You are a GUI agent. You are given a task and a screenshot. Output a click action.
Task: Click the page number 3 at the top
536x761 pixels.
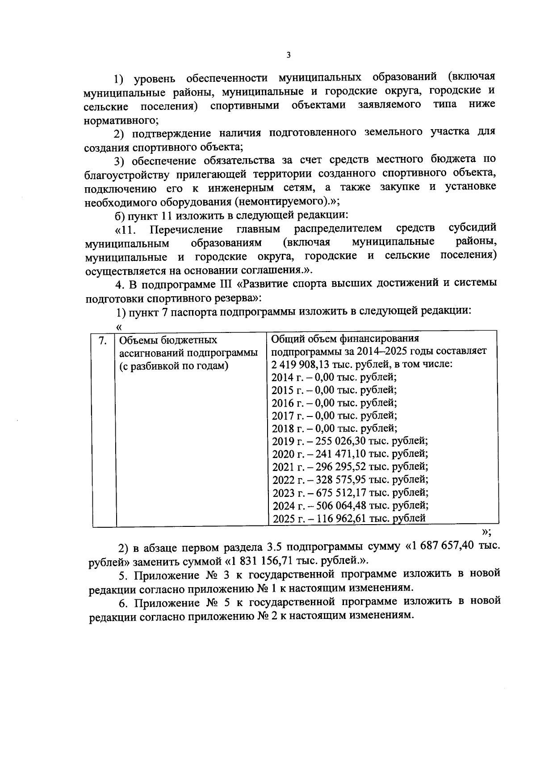click(288, 55)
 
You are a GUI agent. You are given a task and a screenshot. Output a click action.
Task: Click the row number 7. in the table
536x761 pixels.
click(103, 341)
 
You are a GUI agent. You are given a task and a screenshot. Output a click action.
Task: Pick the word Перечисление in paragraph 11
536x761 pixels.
click(186, 230)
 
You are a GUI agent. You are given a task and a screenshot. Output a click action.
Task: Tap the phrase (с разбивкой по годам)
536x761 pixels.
click(174, 366)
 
